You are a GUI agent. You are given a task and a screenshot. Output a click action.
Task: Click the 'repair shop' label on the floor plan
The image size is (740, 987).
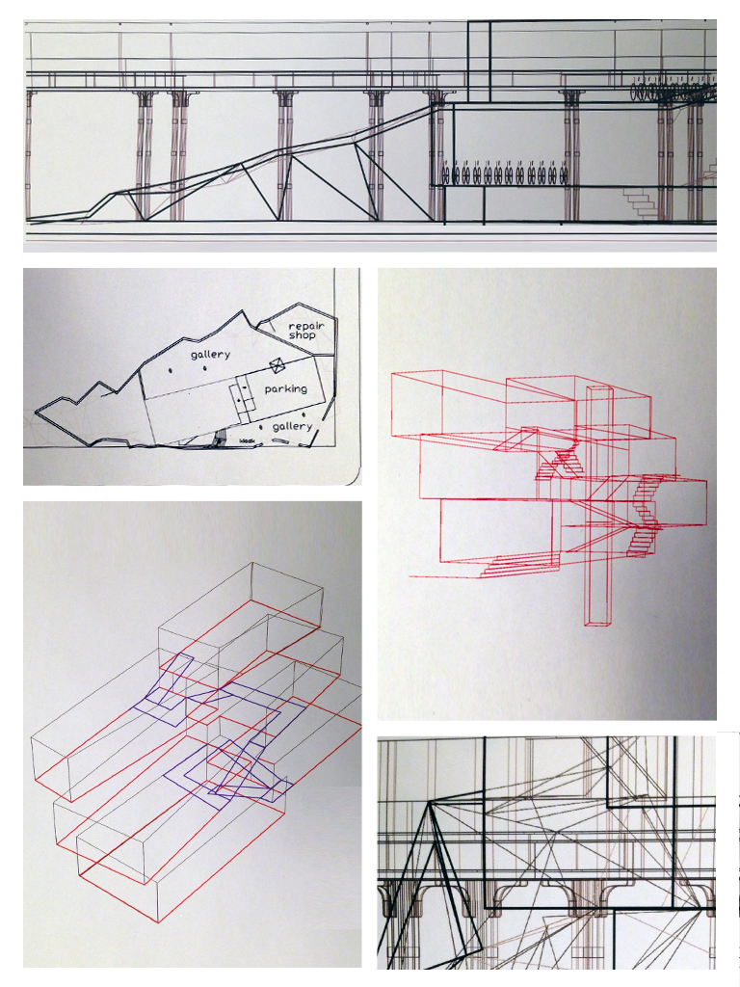(x=305, y=331)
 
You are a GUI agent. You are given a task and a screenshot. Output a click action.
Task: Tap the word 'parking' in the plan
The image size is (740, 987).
(x=285, y=388)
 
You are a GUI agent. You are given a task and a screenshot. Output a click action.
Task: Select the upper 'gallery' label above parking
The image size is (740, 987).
(x=210, y=355)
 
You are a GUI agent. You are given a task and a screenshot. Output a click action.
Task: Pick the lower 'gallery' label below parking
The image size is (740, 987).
(x=292, y=425)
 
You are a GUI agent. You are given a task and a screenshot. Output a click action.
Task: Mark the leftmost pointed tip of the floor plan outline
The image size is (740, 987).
(x=37, y=412)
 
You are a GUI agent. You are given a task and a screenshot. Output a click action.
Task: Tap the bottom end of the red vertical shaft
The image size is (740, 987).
(x=598, y=624)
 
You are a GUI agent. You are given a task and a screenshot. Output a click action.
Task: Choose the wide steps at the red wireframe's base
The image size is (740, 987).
(x=520, y=565)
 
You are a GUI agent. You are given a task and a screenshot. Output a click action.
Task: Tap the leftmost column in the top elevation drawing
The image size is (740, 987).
(x=31, y=154)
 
